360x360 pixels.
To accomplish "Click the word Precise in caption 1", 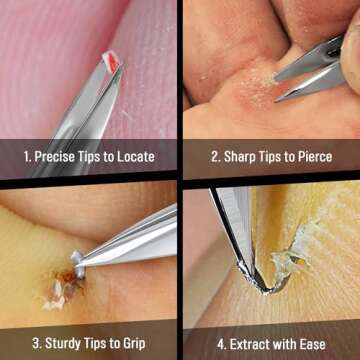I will (x=56, y=157).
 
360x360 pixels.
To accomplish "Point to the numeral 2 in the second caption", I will (x=214, y=157).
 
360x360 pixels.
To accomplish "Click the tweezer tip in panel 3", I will (x=80, y=265).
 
